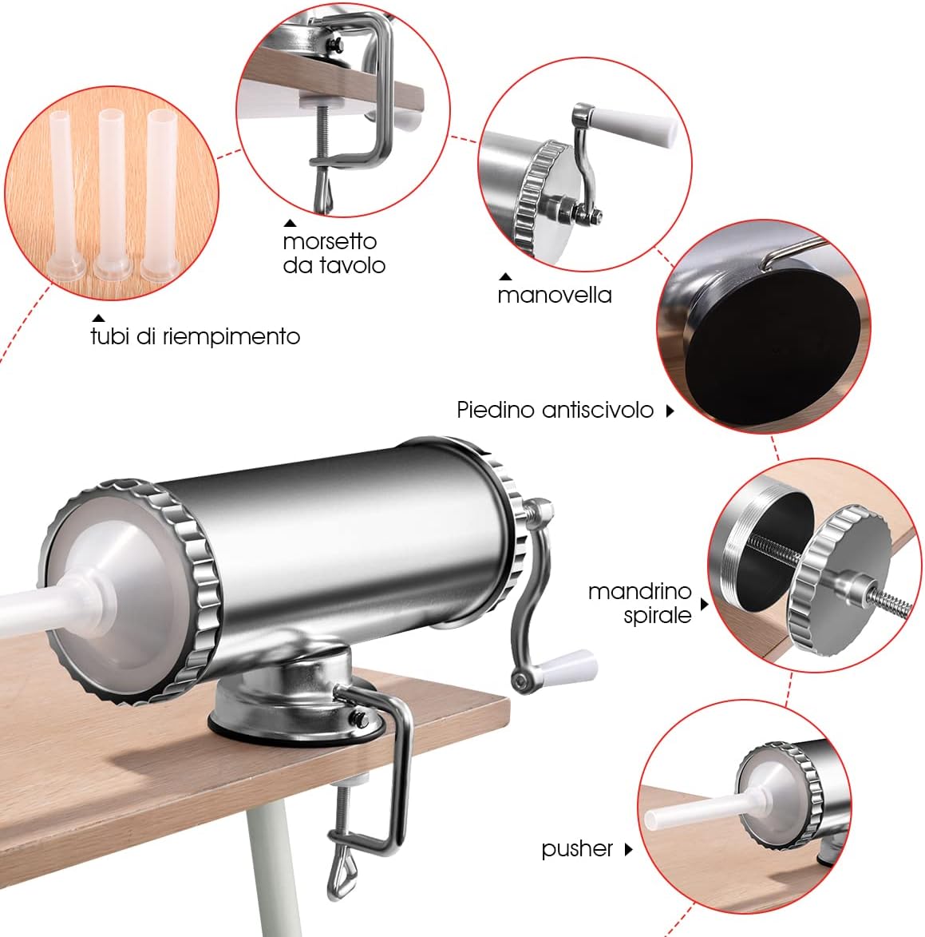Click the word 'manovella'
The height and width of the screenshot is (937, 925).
pyautogui.click(x=554, y=296)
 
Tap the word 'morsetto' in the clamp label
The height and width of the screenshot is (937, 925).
pyautogui.click(x=330, y=241)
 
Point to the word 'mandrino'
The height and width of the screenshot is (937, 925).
pyautogui.click(x=639, y=591)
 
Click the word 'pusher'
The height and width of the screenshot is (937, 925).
pyautogui.click(x=577, y=849)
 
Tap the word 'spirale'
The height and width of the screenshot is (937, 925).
pyautogui.click(x=658, y=616)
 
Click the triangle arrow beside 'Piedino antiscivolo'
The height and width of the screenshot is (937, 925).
pyautogui.click(x=670, y=411)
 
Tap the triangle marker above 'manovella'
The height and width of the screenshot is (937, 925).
pyautogui.click(x=505, y=276)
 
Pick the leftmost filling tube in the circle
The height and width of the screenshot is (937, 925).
pyautogui.click(x=65, y=194)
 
